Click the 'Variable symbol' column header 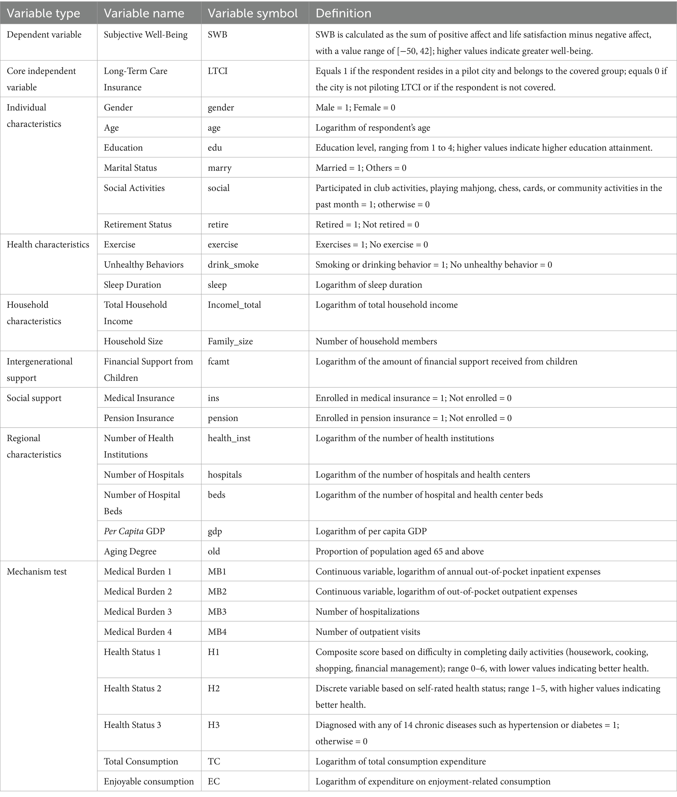pyautogui.click(x=253, y=13)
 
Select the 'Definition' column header pyautogui.click(x=343, y=13)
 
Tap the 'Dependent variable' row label pyautogui.click(x=44, y=34)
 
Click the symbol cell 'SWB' pyautogui.click(x=217, y=34)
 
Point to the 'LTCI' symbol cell pyautogui.click(x=217, y=71)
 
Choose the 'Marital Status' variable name pyautogui.click(x=130, y=168)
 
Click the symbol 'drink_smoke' pyautogui.click(x=233, y=264)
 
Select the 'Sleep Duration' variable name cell pyautogui.click(x=132, y=284)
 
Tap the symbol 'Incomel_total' pyautogui.click(x=234, y=305)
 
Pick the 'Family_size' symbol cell pyautogui.click(x=230, y=341)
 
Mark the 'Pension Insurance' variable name pyautogui.click(x=139, y=418)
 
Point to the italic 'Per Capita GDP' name pyautogui.click(x=134, y=531)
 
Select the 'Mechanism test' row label pyautogui.click(x=36, y=571)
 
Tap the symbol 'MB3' pyautogui.click(x=217, y=612)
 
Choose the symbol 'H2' pyautogui.click(x=214, y=688)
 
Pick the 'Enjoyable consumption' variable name pyautogui.click(x=148, y=781)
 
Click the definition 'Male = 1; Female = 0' pyautogui.click(x=355, y=107)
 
